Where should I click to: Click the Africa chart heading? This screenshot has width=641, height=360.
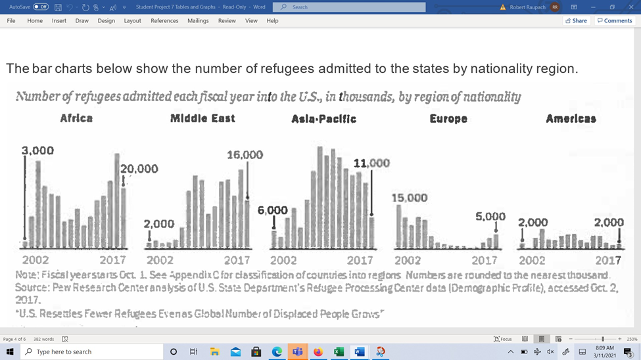click(x=76, y=119)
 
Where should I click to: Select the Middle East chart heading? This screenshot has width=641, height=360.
click(x=202, y=119)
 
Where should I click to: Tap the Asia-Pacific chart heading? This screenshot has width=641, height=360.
click(x=324, y=119)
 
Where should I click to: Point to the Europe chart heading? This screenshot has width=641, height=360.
click(x=448, y=119)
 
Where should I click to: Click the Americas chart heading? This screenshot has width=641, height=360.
click(x=571, y=119)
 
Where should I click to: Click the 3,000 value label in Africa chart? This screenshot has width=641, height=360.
click(x=37, y=151)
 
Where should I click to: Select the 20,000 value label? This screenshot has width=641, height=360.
click(x=139, y=169)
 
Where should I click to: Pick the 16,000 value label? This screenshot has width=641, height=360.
click(x=245, y=155)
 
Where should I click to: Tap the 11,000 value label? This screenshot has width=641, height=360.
click(x=371, y=164)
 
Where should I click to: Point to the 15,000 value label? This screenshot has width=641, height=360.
click(x=410, y=198)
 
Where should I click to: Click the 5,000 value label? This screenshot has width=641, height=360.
click(x=490, y=217)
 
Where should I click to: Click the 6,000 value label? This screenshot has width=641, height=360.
click(x=273, y=210)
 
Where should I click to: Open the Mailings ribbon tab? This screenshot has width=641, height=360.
click(x=198, y=21)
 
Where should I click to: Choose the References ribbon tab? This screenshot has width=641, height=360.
click(x=164, y=21)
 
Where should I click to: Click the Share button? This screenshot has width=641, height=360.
click(x=576, y=21)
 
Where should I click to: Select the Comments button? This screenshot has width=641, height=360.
click(x=615, y=21)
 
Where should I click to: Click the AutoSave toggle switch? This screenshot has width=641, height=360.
click(x=41, y=7)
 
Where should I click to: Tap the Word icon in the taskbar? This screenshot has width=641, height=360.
click(x=359, y=352)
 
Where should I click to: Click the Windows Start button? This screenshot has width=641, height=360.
click(x=10, y=352)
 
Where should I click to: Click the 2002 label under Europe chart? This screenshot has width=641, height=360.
click(x=408, y=260)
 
